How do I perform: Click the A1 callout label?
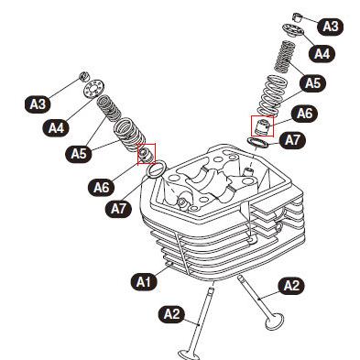(144, 281)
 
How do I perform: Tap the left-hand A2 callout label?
(171, 314)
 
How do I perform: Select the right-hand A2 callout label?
(291, 286)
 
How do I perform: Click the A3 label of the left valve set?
(38, 104)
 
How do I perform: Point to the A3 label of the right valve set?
(331, 27)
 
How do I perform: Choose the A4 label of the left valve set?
(57, 127)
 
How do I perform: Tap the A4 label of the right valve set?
(322, 54)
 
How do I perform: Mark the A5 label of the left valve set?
(79, 154)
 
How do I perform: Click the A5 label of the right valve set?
(312, 82)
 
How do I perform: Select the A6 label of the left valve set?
(102, 187)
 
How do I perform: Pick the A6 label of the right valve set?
(305, 114)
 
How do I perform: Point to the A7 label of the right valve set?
(292, 140)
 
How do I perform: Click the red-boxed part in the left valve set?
(147, 154)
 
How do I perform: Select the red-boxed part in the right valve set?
(262, 126)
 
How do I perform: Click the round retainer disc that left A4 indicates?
(94, 88)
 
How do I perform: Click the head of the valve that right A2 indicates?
(274, 322)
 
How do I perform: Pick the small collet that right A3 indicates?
(298, 16)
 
